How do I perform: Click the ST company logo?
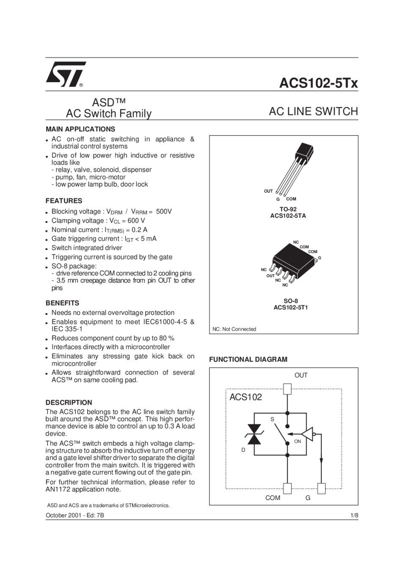66,75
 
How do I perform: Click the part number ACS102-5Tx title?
318,83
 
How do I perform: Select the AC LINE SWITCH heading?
313,112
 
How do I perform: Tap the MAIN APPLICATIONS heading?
80,129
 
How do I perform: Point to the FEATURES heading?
64,201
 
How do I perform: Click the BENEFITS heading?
62,303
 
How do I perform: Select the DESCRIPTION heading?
69,403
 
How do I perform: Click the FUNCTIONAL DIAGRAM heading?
248,360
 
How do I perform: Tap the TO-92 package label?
288,209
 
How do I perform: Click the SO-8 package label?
291,301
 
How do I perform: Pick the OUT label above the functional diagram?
301,375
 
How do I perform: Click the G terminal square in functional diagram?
321,489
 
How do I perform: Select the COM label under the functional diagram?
273,498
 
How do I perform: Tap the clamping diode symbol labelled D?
254,435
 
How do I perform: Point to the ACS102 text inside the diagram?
246,397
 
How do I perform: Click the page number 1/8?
354,516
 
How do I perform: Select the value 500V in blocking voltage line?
164,211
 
